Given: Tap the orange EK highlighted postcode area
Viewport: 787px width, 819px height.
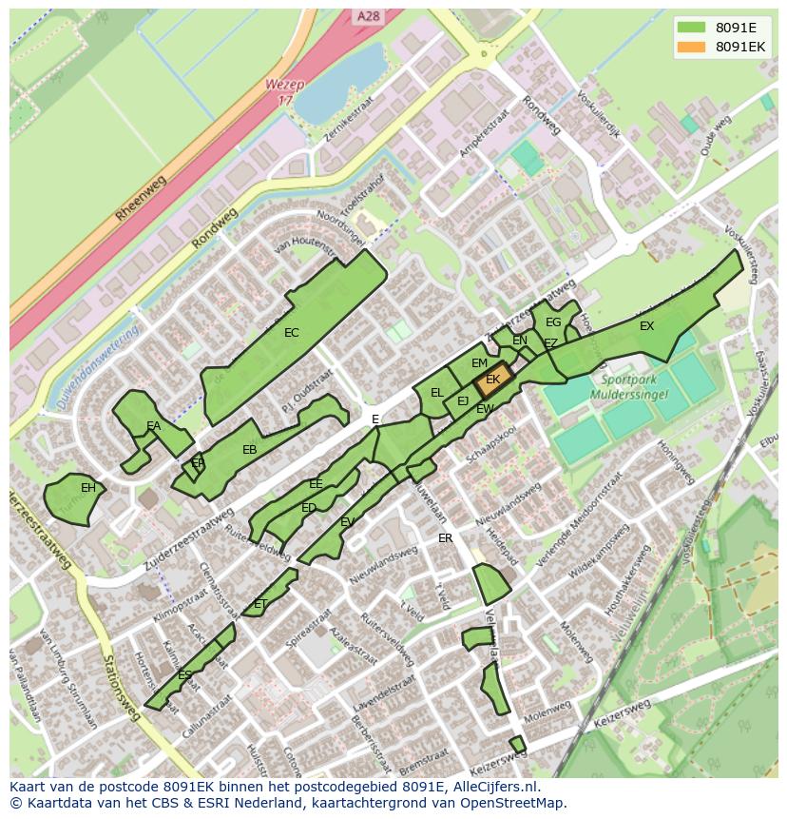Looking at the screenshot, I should pos(493,380).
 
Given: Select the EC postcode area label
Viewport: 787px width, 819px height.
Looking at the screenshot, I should pos(292,333).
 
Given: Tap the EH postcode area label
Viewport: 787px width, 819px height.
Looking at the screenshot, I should pos(88,488).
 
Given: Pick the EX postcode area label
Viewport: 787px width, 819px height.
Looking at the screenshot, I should pos(646,326).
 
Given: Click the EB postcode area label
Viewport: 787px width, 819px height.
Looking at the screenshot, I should pos(250,450).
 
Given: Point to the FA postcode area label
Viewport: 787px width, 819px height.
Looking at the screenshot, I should pos(153,426).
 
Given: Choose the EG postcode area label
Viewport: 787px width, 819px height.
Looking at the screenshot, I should pos(553,322).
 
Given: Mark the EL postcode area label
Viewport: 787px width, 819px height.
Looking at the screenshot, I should pos(437,392).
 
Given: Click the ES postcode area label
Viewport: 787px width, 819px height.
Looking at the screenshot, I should pos(185,675).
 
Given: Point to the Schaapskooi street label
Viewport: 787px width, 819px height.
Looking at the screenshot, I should pos(493,443).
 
